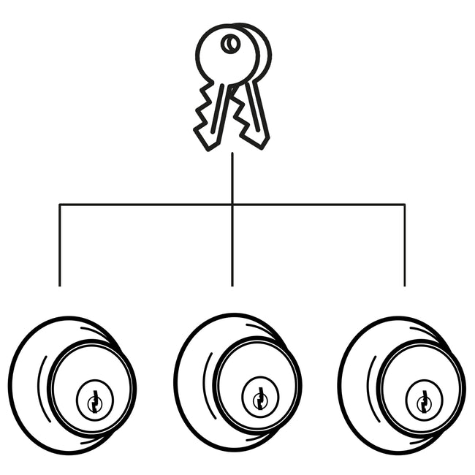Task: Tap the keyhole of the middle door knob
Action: pos(259,399)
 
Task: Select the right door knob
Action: pos(401,384)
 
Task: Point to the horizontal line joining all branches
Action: pos(146,204)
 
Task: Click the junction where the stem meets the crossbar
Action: pos(232,204)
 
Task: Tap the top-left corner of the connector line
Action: pos(59,204)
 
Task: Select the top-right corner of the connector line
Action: pos(404,204)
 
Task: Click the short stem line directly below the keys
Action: pos(232,175)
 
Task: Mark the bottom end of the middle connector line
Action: pos(232,284)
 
